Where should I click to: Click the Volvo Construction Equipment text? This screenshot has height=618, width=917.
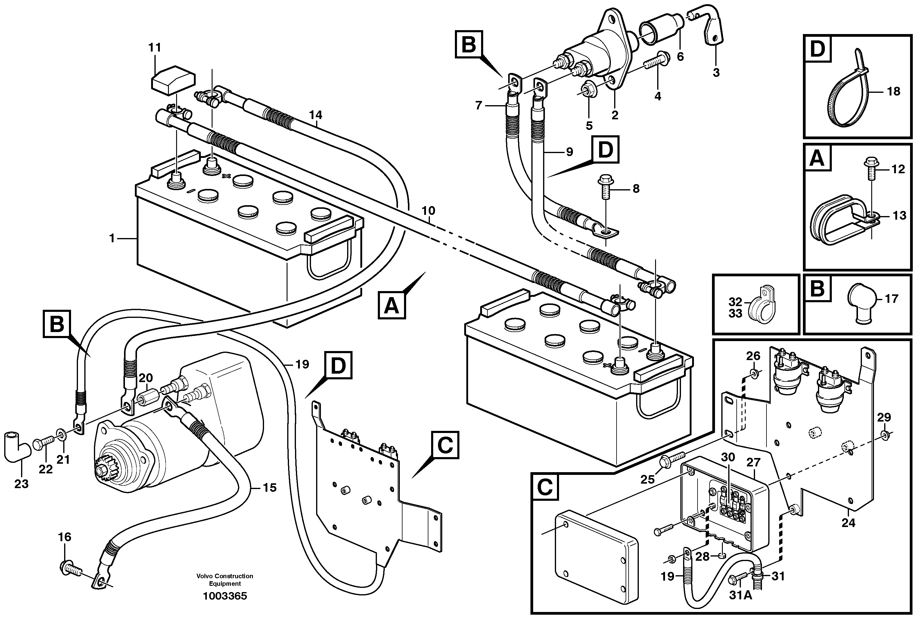(225, 580)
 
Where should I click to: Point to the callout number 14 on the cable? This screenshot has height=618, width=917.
(316, 115)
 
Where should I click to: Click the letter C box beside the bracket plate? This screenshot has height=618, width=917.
(445, 445)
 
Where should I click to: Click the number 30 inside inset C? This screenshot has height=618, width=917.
(728, 457)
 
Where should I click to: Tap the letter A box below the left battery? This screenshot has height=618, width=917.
(392, 305)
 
